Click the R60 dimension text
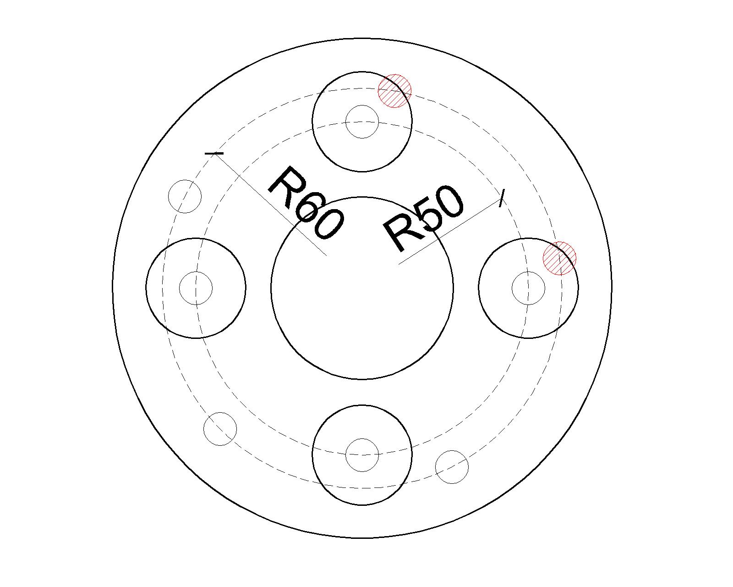[x=306, y=203]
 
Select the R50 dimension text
[x=423, y=219]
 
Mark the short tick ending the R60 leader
[x=214, y=154]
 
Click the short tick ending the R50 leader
[x=502, y=198]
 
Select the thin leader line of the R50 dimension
[x=450, y=232]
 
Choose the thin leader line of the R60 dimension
[x=270, y=205]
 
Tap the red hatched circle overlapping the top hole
[x=395, y=91]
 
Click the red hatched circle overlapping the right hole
[x=559, y=258]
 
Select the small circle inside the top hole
[x=362, y=122]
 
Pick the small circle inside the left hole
[x=196, y=288]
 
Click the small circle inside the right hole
[x=528, y=288]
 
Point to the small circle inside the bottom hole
[x=362, y=455]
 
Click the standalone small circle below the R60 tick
[x=185, y=196]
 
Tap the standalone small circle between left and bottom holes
[x=220, y=429]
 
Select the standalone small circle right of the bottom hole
[x=452, y=467]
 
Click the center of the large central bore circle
[x=362, y=288]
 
